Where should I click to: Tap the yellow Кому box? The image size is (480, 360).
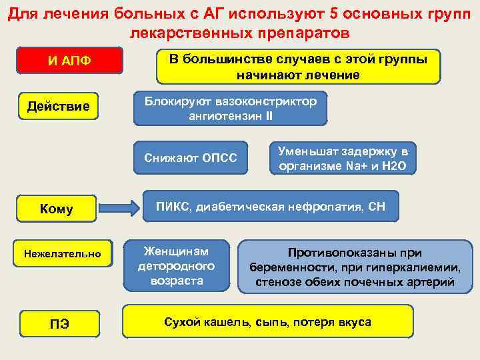point(57,209)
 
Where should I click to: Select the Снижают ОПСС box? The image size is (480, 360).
point(190,157)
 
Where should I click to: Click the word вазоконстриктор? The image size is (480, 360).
point(265,101)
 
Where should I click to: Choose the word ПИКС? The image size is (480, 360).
point(173,206)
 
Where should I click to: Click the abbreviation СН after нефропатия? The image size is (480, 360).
point(376,206)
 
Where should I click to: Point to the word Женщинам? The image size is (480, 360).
point(177,251)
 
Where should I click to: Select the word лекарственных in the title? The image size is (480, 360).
point(190,32)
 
